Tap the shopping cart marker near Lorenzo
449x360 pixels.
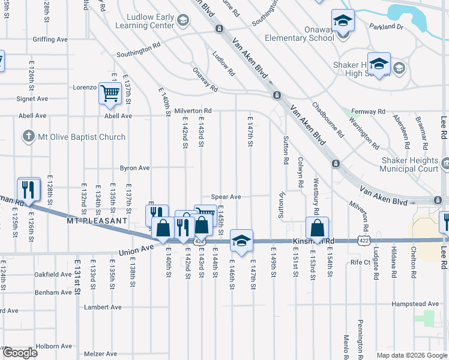[x=110, y=94]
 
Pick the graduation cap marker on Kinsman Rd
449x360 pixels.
[x=241, y=241]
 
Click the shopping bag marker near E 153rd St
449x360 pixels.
[x=317, y=229]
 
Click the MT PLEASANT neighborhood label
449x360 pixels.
[x=97, y=221]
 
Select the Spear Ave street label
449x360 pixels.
[x=226, y=197]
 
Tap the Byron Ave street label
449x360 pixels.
[x=135, y=168]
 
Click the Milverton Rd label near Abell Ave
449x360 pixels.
[x=193, y=110]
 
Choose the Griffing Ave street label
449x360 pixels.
[x=50, y=40]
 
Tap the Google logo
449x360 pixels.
[x=19, y=353]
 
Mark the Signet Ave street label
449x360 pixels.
[x=33, y=98]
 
